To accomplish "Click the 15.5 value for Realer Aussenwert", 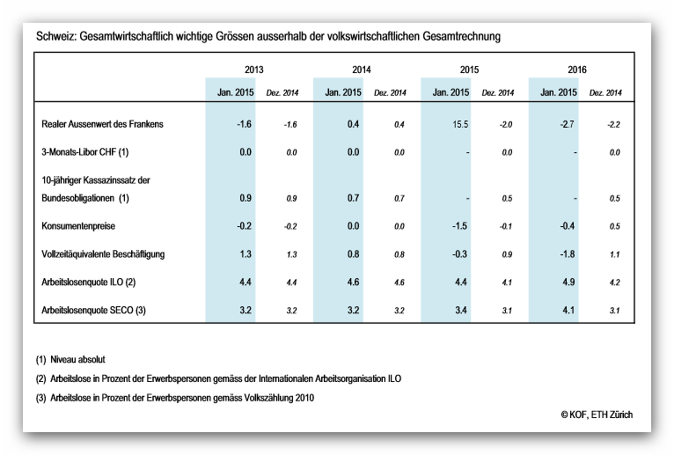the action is click(x=460, y=124).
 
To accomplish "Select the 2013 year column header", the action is click(x=253, y=70).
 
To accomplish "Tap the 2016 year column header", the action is click(x=577, y=70).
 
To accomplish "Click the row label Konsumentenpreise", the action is click(x=78, y=226).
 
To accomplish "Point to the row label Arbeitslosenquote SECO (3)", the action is click(x=93, y=310).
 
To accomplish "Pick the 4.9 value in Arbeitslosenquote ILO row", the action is click(x=568, y=283).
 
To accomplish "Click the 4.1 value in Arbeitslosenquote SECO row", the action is click(x=568, y=310).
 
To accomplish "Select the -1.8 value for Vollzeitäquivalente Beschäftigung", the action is click(x=568, y=254).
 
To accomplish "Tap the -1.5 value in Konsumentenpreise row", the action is click(x=459, y=226).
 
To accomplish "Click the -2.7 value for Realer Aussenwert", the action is click(x=568, y=124).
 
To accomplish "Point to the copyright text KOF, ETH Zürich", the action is click(x=597, y=415).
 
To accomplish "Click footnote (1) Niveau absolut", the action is click(x=70, y=360).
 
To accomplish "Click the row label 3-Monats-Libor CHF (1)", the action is click(x=85, y=152).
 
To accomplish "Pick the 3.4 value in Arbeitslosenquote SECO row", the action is click(x=461, y=310).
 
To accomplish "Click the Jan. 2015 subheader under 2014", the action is click(x=343, y=92).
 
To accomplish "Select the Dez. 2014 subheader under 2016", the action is click(x=605, y=93).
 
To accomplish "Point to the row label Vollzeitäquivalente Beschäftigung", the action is click(x=103, y=254).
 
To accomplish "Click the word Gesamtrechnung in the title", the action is click(x=462, y=36).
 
